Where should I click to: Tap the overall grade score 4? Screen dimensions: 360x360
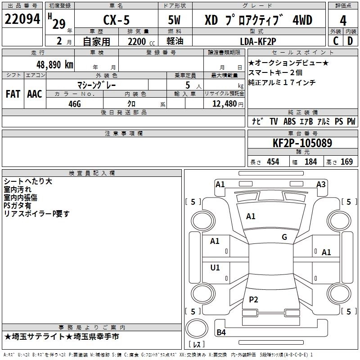tap(343, 20)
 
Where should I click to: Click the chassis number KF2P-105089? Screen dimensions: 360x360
tap(302, 144)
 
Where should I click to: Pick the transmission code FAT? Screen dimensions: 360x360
tap(13, 94)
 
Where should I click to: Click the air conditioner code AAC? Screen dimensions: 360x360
tap(34, 94)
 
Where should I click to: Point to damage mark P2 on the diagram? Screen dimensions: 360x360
tap(253, 299)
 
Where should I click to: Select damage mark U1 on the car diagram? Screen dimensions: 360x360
tap(215, 268)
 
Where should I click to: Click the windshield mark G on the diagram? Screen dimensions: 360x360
tap(284, 237)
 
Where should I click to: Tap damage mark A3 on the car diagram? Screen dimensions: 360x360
tap(321, 184)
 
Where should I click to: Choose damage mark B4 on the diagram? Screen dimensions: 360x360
tap(221, 333)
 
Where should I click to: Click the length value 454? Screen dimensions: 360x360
tap(273, 162)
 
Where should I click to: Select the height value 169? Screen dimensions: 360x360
tap(346, 162)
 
